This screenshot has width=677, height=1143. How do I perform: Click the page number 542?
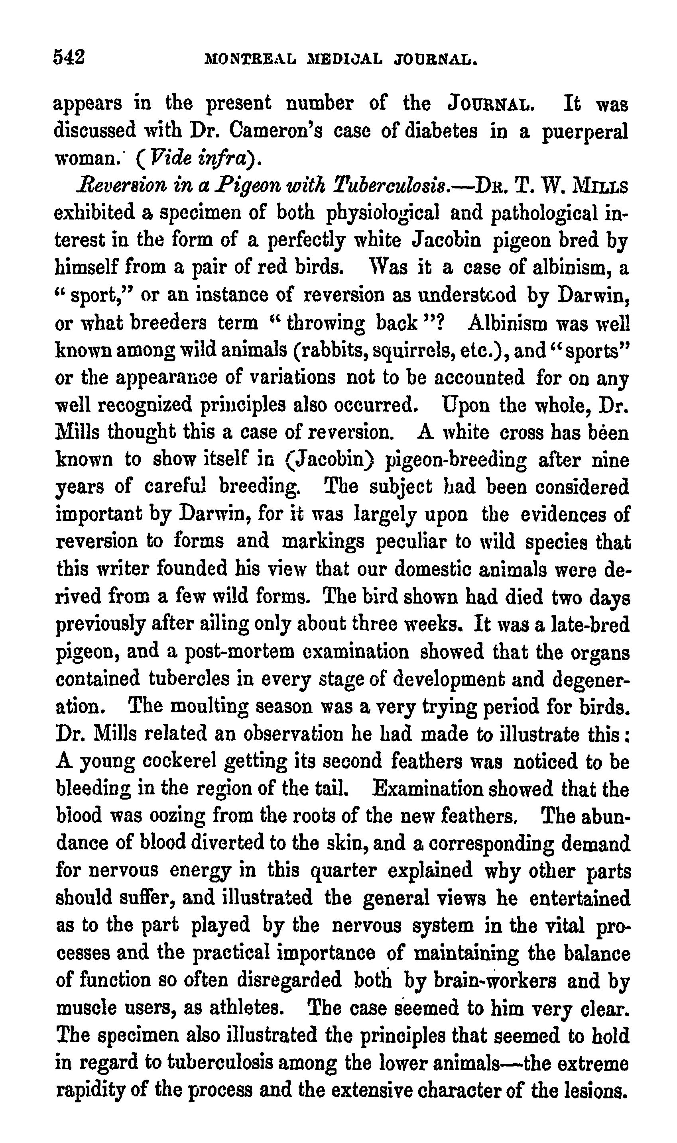pyautogui.click(x=69, y=58)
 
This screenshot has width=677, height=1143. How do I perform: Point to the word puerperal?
pyautogui.click(x=585, y=132)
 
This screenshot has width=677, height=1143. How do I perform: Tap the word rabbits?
pyautogui.click(x=335, y=350)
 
